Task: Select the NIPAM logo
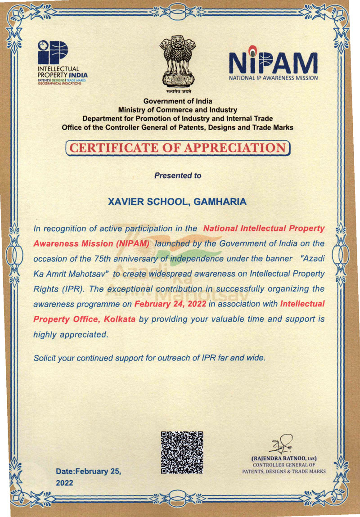pos(273,63)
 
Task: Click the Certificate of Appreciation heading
pos(178,148)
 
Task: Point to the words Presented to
pos(178,175)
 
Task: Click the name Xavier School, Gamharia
pos(177,202)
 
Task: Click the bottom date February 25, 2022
pos(88,477)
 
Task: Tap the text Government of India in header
pos(177,101)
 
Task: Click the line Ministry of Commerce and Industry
pos(177,110)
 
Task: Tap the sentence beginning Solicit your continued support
pos(150,359)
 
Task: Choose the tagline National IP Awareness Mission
pos(273,78)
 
